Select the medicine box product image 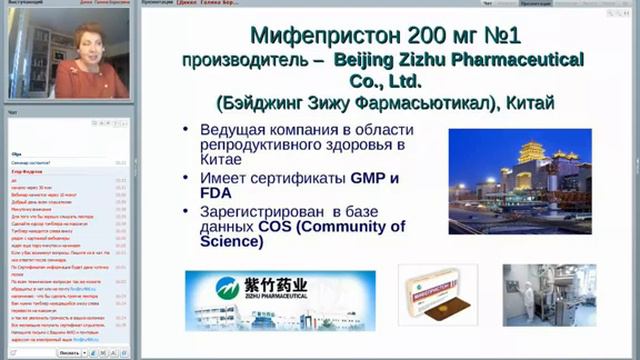436,298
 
